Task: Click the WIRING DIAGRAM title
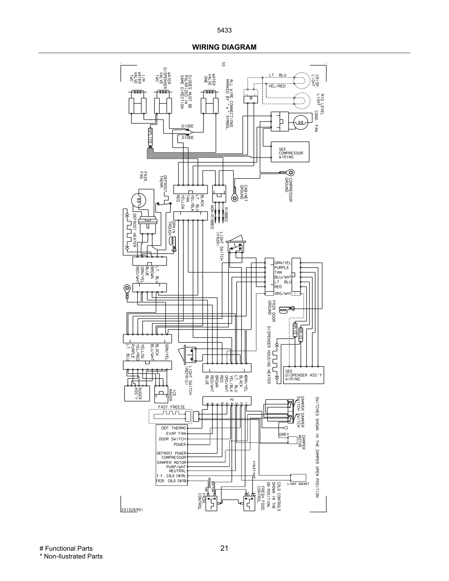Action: [x=224, y=47]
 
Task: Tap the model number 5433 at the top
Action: [x=224, y=30]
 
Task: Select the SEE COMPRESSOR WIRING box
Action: [x=290, y=152]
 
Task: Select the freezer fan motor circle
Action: [x=139, y=200]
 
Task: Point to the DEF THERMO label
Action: [x=173, y=428]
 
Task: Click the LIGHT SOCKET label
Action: [x=298, y=484]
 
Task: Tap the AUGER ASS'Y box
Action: [x=137, y=393]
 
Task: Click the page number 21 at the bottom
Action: [x=224, y=548]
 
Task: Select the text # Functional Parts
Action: [x=66, y=548]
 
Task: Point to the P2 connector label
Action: [x=232, y=399]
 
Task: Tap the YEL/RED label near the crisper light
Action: [x=277, y=86]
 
